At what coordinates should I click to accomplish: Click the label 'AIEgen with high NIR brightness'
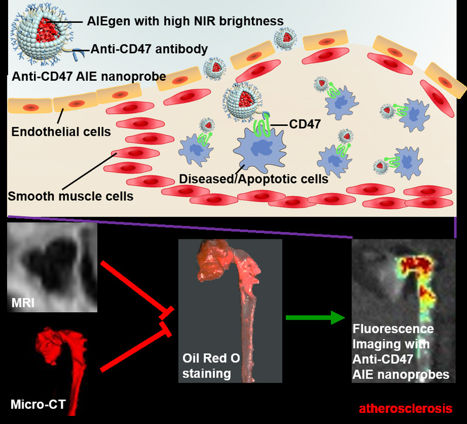click(x=185, y=21)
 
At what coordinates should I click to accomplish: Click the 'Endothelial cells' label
click(x=61, y=132)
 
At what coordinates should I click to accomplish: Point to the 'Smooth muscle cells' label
click(x=70, y=196)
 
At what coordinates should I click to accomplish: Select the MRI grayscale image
click(x=50, y=266)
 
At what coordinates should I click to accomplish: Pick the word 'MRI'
click(x=23, y=303)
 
